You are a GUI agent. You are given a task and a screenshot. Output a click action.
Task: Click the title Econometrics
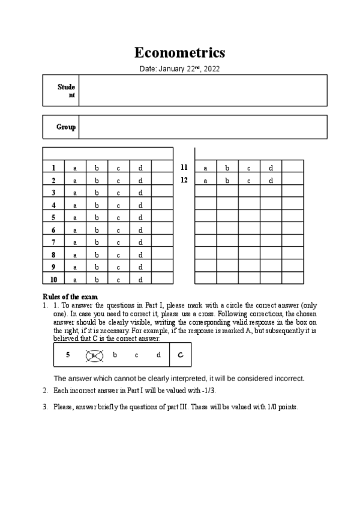click(x=179, y=52)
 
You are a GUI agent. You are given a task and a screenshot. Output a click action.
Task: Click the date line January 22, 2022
click(x=179, y=69)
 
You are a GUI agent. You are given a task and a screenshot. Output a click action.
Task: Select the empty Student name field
click(x=203, y=91)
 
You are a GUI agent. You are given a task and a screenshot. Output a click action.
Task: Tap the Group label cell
click(x=61, y=127)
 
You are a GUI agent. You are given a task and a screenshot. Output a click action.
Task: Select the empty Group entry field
click(x=203, y=127)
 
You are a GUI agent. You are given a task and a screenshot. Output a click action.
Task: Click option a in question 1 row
click(x=75, y=168)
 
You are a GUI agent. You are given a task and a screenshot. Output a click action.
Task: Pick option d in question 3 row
click(x=140, y=193)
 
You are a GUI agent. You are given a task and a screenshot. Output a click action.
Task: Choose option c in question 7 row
click(x=118, y=242)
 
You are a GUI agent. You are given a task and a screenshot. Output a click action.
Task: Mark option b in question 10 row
click(x=97, y=280)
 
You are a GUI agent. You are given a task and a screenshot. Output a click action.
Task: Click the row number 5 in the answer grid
click(x=53, y=218)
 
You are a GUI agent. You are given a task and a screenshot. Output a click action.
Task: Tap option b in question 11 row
click(x=227, y=168)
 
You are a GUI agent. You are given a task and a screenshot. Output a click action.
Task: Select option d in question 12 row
click(x=271, y=180)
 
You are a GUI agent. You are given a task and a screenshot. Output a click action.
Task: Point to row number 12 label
click(x=184, y=180)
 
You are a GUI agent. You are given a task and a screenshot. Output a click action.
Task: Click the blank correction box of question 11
click(x=293, y=168)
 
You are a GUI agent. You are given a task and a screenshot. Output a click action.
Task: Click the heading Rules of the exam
click(x=70, y=297)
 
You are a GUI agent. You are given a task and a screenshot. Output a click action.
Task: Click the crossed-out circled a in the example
click(x=93, y=355)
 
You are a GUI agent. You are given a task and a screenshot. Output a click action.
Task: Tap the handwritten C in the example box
click(x=180, y=355)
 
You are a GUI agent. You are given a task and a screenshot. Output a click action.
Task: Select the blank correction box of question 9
click(x=162, y=267)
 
